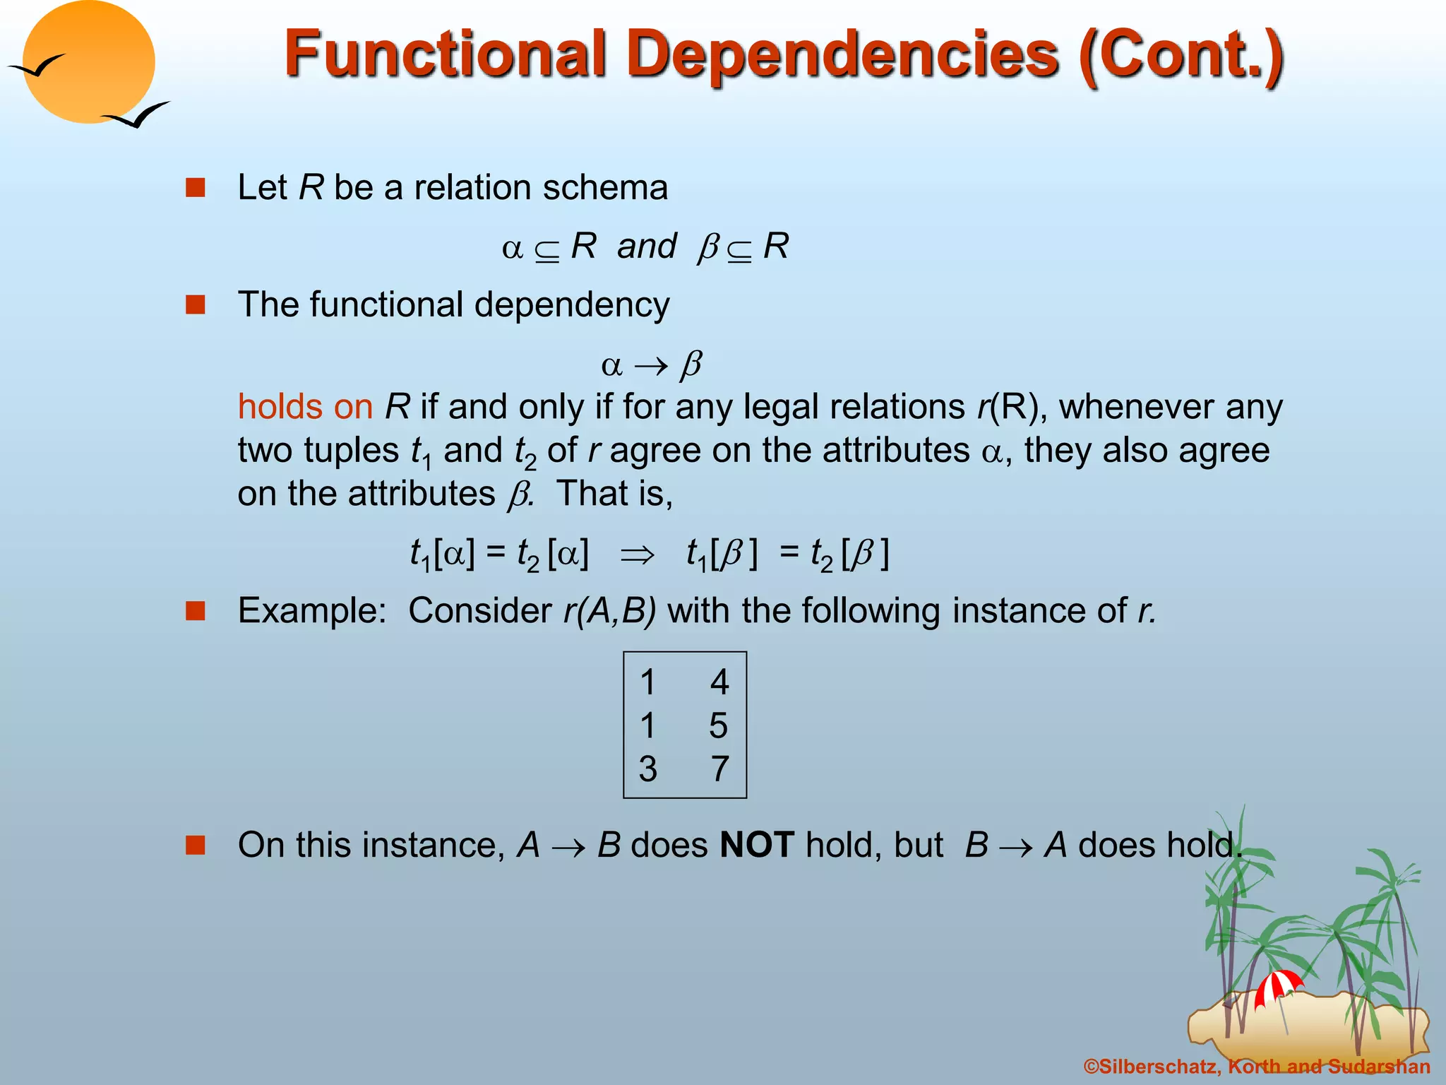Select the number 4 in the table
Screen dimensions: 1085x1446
(719, 682)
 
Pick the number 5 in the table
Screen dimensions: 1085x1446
(718, 725)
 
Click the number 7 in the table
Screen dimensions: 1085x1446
(719, 769)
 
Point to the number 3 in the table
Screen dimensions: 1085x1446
(647, 769)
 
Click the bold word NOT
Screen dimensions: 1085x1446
(757, 845)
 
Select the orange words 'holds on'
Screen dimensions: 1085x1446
(305, 407)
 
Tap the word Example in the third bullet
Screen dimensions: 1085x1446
(311, 610)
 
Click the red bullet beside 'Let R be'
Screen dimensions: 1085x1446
(195, 188)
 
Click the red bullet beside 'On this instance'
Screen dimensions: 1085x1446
(195, 845)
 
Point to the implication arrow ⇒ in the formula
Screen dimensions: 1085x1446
(637, 555)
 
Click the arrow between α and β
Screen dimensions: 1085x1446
(650, 366)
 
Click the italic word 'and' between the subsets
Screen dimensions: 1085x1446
(647, 247)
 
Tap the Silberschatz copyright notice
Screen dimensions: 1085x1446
(1257, 1067)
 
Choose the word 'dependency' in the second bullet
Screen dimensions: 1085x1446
(571, 305)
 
